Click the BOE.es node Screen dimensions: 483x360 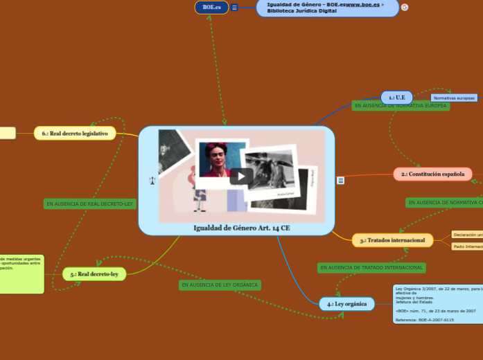click(x=211, y=7)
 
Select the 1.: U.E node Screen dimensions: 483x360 click(x=396, y=98)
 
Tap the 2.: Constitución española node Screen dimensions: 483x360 click(x=432, y=174)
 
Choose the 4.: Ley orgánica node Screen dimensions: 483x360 click(x=347, y=304)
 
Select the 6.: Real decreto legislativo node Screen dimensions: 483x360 click(x=85, y=134)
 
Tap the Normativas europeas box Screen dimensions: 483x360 click(x=455, y=98)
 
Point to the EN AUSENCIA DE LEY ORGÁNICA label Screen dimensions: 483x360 click(x=219, y=285)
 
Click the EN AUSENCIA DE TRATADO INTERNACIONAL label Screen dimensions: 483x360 click(x=371, y=267)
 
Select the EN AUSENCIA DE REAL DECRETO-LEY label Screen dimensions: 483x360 click(x=89, y=204)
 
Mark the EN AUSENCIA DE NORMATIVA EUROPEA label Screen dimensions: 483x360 click(x=401, y=106)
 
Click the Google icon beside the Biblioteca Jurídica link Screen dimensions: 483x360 click(x=405, y=7)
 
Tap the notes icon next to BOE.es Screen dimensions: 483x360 click(x=234, y=8)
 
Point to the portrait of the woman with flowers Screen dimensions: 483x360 click(x=222, y=160)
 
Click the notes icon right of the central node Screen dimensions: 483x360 click(x=340, y=180)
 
